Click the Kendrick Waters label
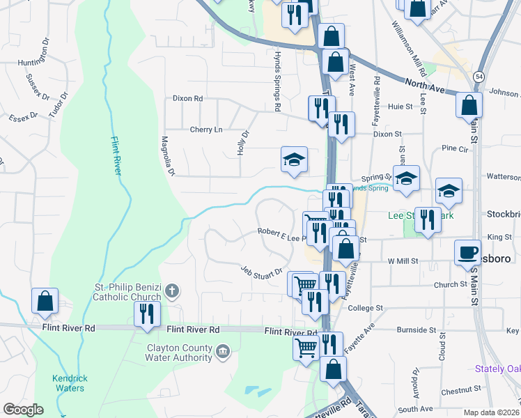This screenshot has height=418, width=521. [x=69, y=383]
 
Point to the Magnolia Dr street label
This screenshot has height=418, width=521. [x=167, y=155]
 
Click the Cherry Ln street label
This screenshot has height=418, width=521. [x=206, y=130]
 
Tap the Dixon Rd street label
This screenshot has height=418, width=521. [x=187, y=99]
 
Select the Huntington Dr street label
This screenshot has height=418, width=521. [x=29, y=53]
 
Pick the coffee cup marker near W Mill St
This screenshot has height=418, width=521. [x=467, y=252]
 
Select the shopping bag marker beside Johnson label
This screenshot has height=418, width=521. [x=469, y=104]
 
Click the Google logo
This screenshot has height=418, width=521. [x=23, y=410]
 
